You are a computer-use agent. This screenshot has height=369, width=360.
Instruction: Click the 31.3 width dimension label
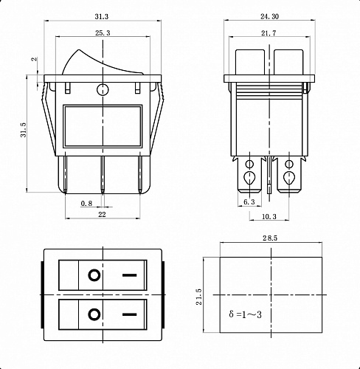coord(102,17)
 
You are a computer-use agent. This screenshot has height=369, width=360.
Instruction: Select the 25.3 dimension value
coord(103,33)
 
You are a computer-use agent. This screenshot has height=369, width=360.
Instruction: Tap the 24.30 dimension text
coord(269,16)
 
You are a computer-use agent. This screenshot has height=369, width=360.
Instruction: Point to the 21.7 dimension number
coord(269,33)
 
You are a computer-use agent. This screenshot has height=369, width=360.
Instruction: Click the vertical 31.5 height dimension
coord(23,130)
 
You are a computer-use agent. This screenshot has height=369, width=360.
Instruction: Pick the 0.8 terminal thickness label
coord(86,204)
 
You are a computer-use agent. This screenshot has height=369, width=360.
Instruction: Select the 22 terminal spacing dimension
coord(102,215)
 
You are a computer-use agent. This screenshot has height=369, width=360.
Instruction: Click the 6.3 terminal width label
coord(249,202)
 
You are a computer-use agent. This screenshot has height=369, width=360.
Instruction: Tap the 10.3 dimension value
coord(269,217)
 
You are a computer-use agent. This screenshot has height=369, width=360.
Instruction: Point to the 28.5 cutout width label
coord(270,238)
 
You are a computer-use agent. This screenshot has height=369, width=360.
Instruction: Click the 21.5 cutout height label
coord(198,297)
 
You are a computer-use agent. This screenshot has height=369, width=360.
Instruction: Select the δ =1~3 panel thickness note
coord(245,314)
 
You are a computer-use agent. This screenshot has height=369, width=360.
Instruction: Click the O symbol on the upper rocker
coord(94,275)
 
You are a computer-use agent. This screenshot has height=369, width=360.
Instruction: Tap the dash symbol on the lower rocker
coord(130,314)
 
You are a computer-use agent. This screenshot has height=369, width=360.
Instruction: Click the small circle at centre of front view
coord(103,89)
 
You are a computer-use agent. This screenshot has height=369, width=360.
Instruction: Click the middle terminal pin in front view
coord(103,175)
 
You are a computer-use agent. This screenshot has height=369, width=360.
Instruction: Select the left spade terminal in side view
coord(249,174)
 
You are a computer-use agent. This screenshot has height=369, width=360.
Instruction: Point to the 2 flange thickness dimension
coord(35,59)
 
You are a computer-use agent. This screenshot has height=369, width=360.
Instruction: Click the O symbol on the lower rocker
coord(94,314)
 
